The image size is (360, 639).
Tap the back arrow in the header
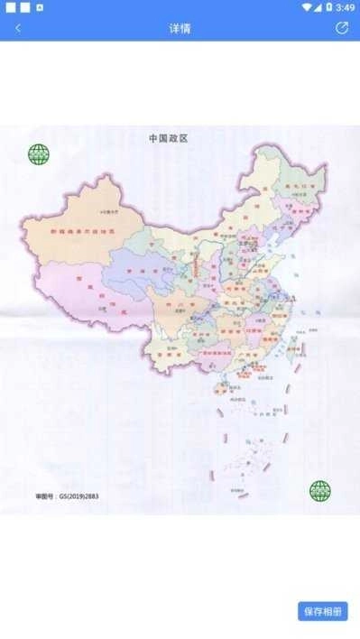tap(18, 28)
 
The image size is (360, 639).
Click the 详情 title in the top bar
tap(180, 28)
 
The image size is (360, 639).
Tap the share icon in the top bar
tap(342, 28)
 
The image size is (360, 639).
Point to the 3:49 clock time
tap(345, 7)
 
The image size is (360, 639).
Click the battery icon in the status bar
tap(329, 7)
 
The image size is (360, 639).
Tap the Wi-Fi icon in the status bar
tap(307, 7)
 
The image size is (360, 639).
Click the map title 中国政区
tap(173, 138)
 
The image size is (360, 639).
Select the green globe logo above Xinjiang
tap(39, 154)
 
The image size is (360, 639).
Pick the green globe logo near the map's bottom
tap(320, 491)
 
